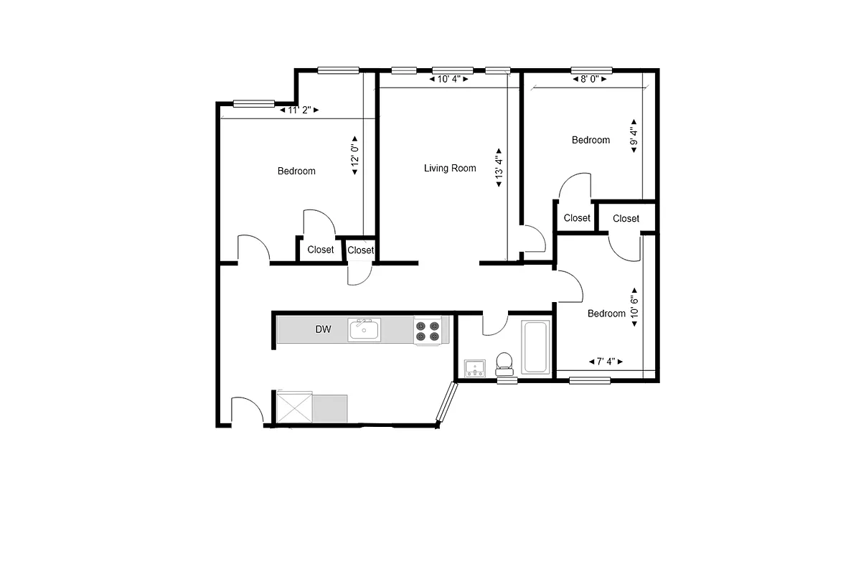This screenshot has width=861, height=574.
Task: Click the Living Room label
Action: click(450, 169)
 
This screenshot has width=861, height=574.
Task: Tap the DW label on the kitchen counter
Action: click(323, 330)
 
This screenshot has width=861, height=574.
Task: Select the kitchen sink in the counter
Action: click(364, 330)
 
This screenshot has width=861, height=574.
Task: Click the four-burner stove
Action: click(428, 330)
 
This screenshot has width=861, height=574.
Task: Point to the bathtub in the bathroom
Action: click(535, 348)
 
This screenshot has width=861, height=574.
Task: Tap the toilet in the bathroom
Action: click(505, 363)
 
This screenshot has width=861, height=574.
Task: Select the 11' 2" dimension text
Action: click(298, 110)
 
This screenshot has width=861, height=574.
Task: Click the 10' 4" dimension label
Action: click(449, 79)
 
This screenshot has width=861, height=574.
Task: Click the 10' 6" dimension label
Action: click(634, 311)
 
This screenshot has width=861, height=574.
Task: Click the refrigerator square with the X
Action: click(293, 408)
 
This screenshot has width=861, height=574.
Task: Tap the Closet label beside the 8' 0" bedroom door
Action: click(577, 218)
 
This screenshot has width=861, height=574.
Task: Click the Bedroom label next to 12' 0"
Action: click(296, 171)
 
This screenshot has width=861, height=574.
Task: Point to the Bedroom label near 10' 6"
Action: click(606, 314)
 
